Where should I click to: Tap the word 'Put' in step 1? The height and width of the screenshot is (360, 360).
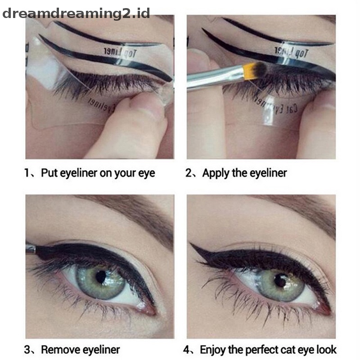(x=49, y=173)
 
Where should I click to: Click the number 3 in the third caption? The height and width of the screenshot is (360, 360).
(x=28, y=350)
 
